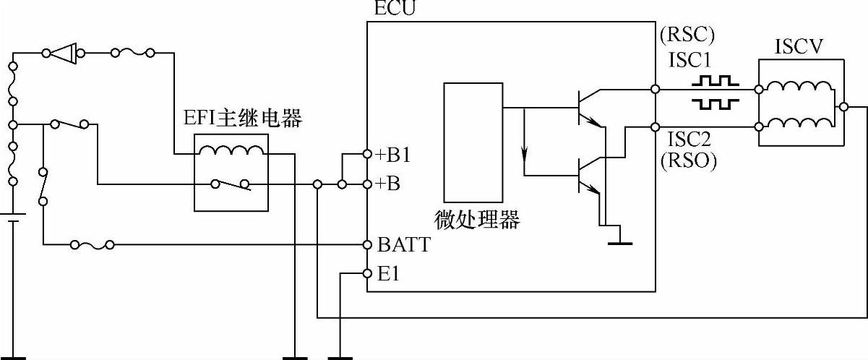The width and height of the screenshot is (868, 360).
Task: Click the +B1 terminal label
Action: coord(394,155)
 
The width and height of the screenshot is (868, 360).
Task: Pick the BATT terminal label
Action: coord(404,245)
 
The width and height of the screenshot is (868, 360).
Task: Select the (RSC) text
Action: coord(686,35)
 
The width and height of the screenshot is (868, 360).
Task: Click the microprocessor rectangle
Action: coord(473,142)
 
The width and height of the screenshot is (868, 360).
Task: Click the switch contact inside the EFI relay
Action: coord(231,184)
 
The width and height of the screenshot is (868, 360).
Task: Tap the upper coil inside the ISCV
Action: coord(797,88)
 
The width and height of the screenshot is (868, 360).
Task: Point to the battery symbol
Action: coord(12,218)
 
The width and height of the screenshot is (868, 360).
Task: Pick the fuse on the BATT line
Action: coord(92,245)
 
